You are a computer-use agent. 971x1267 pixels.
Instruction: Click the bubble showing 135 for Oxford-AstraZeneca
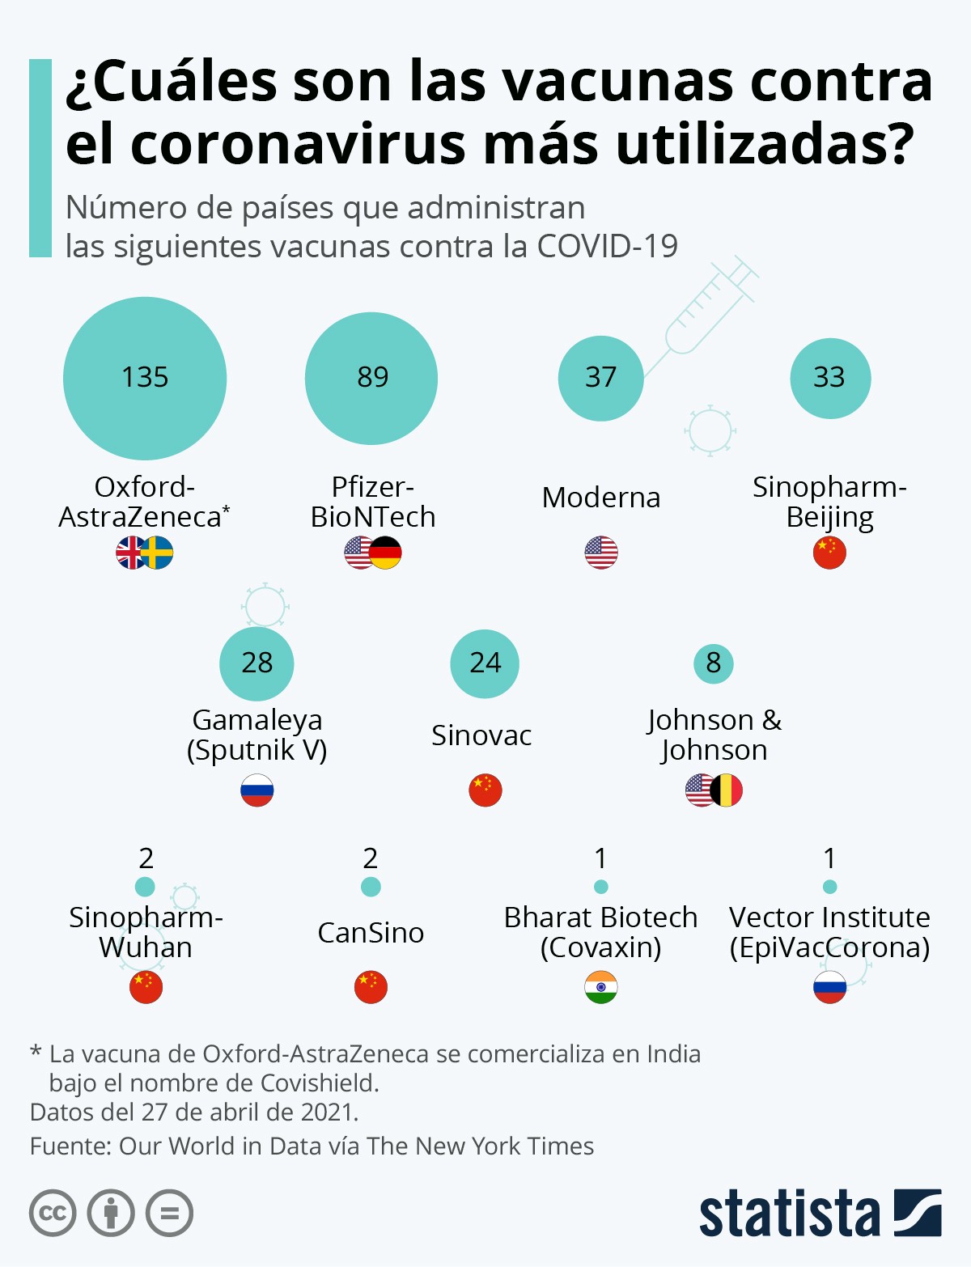point(145,378)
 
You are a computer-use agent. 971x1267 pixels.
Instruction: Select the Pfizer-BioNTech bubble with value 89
point(371,378)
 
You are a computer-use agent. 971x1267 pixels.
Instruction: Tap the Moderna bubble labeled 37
point(600,378)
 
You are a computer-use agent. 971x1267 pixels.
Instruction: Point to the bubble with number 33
point(830,378)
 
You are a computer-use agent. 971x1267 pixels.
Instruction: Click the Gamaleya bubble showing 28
point(257,663)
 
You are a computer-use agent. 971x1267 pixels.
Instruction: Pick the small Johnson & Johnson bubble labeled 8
point(713,663)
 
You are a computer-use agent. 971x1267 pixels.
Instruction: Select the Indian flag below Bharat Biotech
point(600,987)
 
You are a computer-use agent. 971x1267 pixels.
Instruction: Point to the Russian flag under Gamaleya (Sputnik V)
point(257,790)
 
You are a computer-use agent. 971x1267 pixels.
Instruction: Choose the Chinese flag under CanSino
point(371,987)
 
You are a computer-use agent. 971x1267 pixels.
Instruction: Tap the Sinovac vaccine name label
point(481,735)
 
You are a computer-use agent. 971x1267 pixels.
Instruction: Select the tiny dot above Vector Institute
point(829,887)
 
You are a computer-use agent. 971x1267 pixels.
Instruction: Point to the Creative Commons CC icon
point(53,1213)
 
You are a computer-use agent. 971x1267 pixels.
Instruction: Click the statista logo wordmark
point(789,1214)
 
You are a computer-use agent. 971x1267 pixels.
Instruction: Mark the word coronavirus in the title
point(297,144)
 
